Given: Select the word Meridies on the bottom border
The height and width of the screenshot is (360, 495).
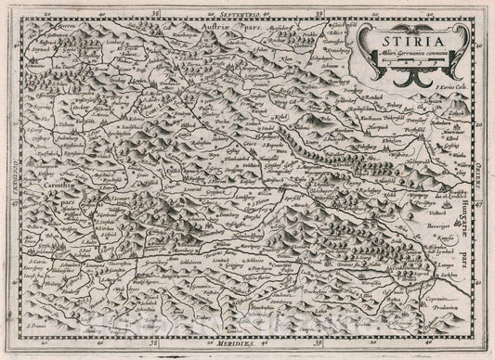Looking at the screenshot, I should (x=247, y=344).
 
